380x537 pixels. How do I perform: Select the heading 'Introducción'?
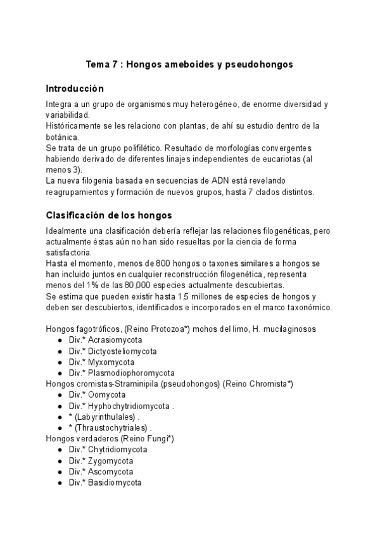75,88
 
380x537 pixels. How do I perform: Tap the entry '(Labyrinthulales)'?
105,417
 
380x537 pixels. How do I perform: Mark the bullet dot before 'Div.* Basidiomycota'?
60,483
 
